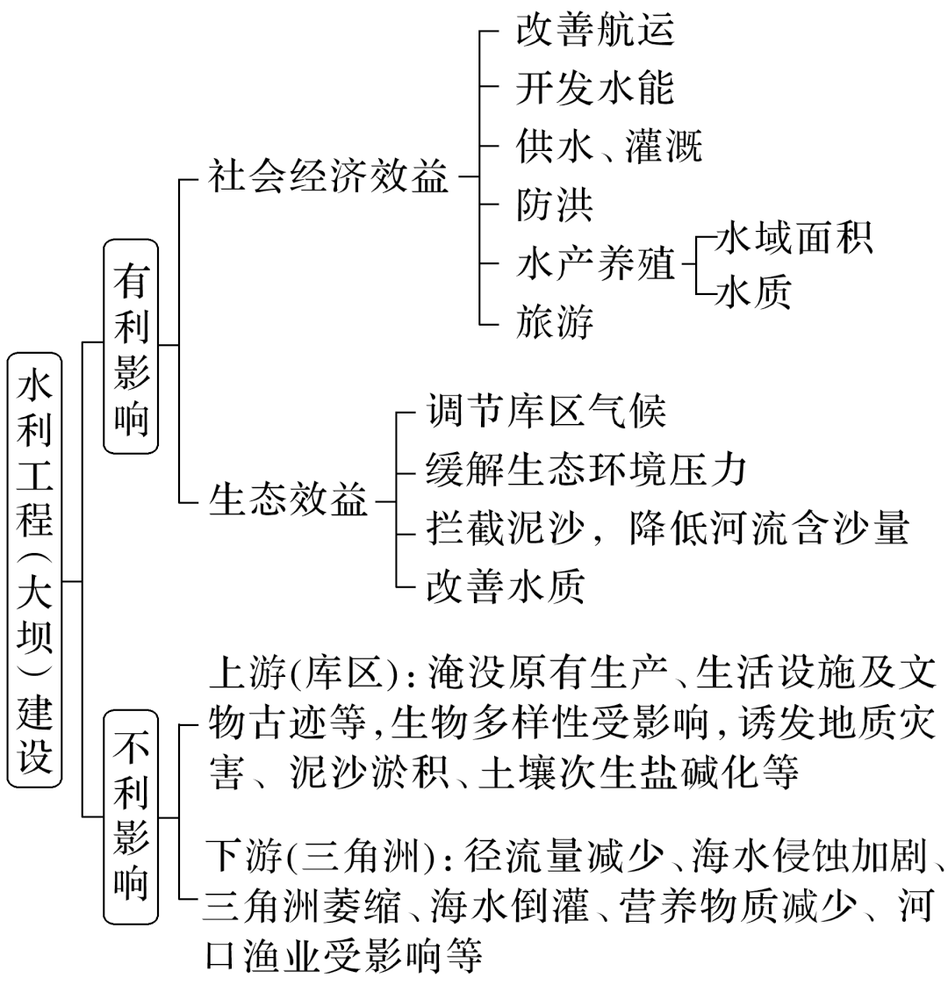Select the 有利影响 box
[131, 345]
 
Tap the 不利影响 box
[131, 817]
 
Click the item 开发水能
[595, 88]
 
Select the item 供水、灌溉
[609, 147]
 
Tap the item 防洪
[555, 205]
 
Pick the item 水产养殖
[595, 263]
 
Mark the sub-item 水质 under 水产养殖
[753, 291]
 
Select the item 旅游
[555, 321]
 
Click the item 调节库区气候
[546, 411]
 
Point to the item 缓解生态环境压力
[585, 469]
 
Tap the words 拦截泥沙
[505, 528]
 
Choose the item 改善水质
[505, 586]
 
